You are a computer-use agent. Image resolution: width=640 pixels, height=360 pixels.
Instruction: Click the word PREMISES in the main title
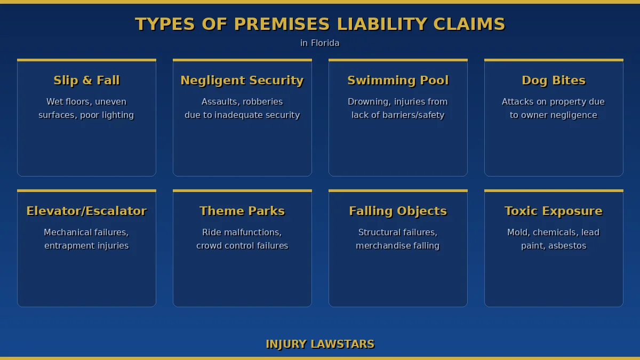[x=282, y=24]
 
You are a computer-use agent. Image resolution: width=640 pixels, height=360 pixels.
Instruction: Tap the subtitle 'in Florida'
[x=320, y=43]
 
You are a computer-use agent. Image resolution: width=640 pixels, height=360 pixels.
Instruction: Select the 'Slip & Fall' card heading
[x=86, y=80]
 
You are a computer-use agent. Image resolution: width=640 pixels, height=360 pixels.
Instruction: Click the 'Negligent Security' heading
[x=242, y=80]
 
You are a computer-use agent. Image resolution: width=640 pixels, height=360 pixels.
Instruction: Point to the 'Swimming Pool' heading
[x=398, y=80]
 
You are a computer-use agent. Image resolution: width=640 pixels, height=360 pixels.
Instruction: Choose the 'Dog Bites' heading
[x=554, y=80]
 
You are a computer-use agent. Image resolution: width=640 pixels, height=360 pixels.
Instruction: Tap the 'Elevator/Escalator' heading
[x=86, y=211]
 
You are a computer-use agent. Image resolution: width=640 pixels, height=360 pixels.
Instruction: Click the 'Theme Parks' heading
[x=242, y=211]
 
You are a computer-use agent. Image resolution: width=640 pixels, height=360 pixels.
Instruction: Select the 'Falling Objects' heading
[x=398, y=211]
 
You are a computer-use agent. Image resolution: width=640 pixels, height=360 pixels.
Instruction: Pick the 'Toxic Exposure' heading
[x=554, y=211]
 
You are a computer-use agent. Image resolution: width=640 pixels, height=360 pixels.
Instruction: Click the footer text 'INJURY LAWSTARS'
[x=320, y=344]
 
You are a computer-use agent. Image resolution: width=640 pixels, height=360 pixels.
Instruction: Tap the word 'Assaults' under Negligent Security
[x=220, y=101]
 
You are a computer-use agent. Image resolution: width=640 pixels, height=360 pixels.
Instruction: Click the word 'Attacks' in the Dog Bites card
[x=517, y=101]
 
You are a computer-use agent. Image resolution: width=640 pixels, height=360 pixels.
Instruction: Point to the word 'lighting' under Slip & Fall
[x=117, y=115]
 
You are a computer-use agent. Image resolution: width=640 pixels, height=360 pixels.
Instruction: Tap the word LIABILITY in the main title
[x=382, y=24]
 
